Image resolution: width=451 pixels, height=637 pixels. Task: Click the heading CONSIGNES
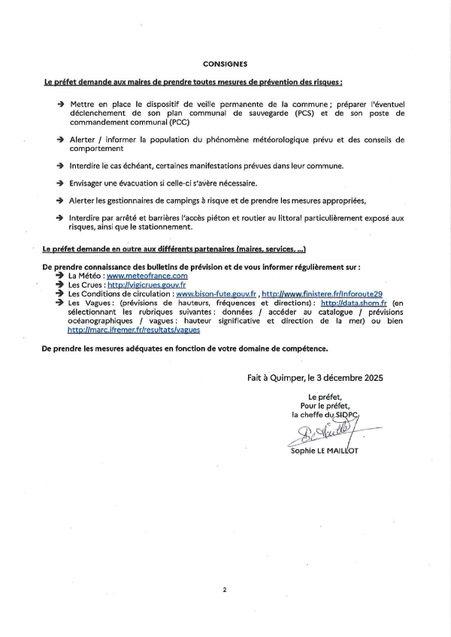[x=225, y=65]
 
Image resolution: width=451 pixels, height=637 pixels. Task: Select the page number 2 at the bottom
[x=224, y=590]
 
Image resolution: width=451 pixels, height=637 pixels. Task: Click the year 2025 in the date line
[x=369, y=378]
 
